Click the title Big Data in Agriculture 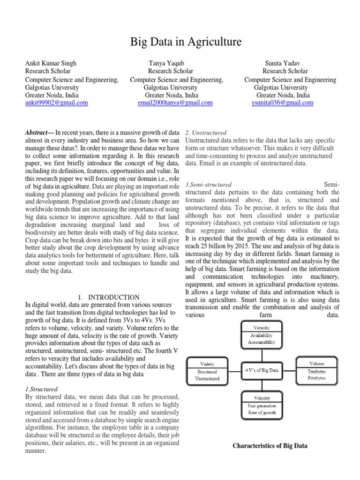186,43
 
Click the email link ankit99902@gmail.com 56,103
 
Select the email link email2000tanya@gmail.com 175,103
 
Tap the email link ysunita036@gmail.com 282,103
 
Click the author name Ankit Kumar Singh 51,63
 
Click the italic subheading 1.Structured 41,389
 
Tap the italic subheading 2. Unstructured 206,133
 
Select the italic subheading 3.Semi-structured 209,184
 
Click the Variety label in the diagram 207,363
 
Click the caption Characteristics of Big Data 270,446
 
